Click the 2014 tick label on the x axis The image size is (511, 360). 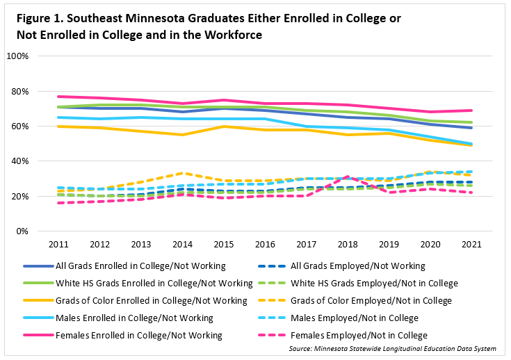point(183,245)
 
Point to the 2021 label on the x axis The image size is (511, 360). point(473,245)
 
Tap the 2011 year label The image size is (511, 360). point(59,245)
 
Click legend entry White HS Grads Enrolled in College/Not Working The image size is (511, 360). point(154,283)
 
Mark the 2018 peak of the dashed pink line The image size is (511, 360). point(348,177)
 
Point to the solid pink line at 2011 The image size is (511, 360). point(59,97)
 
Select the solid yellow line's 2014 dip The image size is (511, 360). point(183,135)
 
